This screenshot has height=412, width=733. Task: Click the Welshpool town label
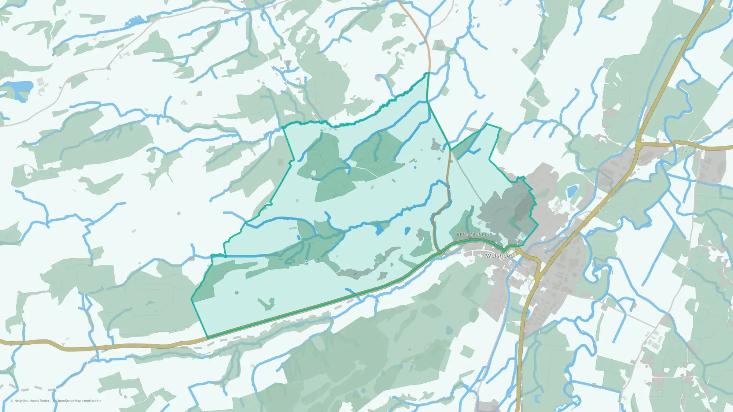pos(500,256)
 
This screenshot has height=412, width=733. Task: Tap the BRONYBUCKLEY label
pos(475,234)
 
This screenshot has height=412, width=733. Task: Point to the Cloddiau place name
pos(329,129)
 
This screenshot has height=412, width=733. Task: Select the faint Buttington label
pos(692,151)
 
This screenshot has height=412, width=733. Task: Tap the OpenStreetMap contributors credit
pos(79,401)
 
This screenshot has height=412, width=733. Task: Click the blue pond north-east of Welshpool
pos(572,191)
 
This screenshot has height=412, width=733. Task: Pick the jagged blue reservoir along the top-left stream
pos(136,22)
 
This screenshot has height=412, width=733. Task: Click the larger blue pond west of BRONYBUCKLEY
pos(379,229)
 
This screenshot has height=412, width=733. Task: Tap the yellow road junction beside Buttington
pos(638,145)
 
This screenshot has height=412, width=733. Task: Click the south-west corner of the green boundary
pos(207,338)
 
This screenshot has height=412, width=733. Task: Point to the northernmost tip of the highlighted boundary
pos(427,73)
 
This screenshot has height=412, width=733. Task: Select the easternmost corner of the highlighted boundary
pos(538,224)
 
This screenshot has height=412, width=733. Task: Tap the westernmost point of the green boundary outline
pos(191,299)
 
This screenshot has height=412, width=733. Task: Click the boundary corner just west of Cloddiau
pos(283,127)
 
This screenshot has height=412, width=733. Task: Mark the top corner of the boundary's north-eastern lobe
pos(487,125)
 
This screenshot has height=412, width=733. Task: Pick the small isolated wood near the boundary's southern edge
pos(266,304)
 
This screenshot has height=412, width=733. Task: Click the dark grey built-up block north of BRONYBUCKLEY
pos(506,205)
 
